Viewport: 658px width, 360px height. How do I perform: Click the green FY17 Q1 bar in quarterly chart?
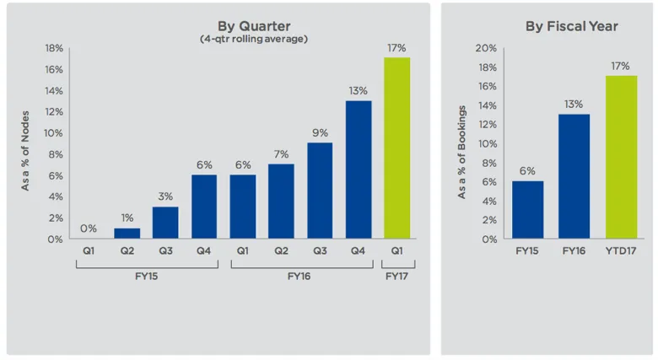point(396,148)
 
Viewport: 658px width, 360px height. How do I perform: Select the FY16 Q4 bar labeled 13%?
point(358,169)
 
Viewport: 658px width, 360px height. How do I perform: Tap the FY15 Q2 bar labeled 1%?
point(127,234)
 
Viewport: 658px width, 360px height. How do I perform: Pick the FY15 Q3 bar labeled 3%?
point(165,223)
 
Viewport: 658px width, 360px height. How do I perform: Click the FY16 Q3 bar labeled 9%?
point(320,191)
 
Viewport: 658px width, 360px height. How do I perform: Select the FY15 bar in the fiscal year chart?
point(527,210)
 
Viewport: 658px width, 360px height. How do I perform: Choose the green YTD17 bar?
point(621,157)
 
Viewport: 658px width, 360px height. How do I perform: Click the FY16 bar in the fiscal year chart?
point(574,176)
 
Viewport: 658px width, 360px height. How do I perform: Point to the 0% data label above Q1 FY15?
point(89,228)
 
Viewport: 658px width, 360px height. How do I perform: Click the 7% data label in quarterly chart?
point(281,154)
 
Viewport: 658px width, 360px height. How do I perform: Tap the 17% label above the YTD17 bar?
point(621,66)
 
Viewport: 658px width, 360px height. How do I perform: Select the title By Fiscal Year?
point(571,26)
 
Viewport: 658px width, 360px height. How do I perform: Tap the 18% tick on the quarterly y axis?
point(54,48)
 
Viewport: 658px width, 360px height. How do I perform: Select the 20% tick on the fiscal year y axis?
point(487,48)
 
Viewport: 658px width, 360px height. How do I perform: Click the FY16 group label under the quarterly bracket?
point(300,276)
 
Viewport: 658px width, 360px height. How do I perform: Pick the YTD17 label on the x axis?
point(621,251)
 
